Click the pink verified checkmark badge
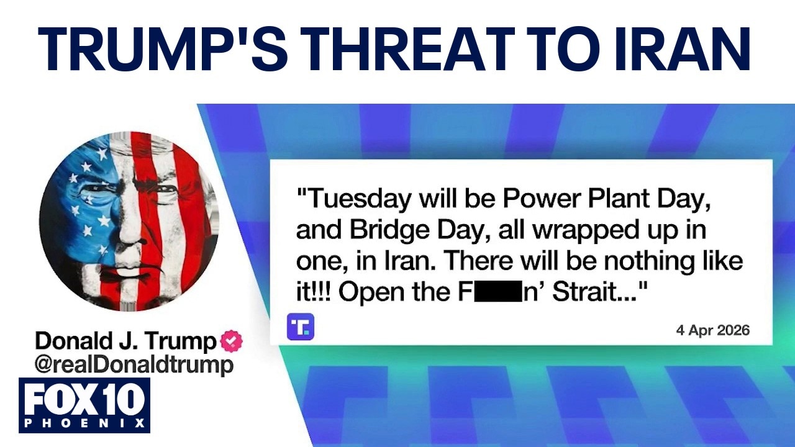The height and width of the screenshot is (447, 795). [232, 341]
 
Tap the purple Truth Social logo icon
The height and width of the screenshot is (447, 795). [300, 327]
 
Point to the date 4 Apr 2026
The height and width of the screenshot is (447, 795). [712, 331]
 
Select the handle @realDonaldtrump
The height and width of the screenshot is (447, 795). [134, 365]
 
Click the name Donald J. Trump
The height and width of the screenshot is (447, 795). [126, 341]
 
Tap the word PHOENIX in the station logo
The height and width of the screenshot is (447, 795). [84, 423]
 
